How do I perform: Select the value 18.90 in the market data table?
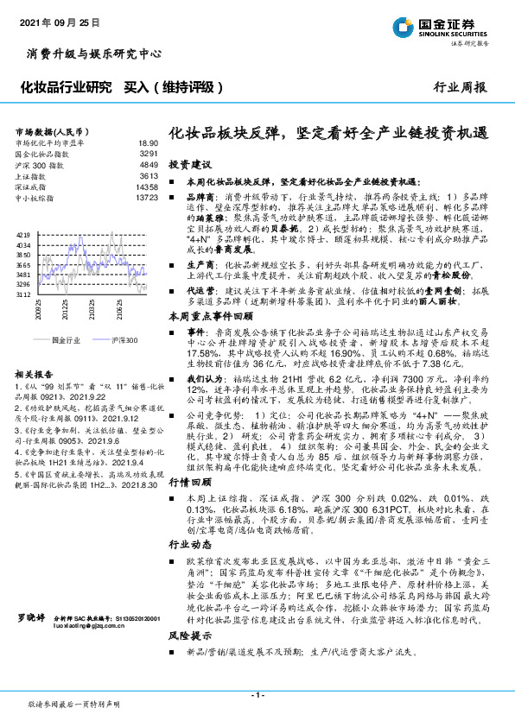click(x=149, y=142)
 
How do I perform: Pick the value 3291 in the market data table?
click(x=149, y=153)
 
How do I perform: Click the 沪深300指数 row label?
click(x=39, y=164)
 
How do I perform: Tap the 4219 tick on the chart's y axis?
click(x=23, y=234)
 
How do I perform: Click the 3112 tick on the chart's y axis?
click(x=23, y=294)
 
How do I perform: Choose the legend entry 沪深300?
click(x=124, y=340)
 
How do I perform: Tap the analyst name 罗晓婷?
click(x=30, y=643)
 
